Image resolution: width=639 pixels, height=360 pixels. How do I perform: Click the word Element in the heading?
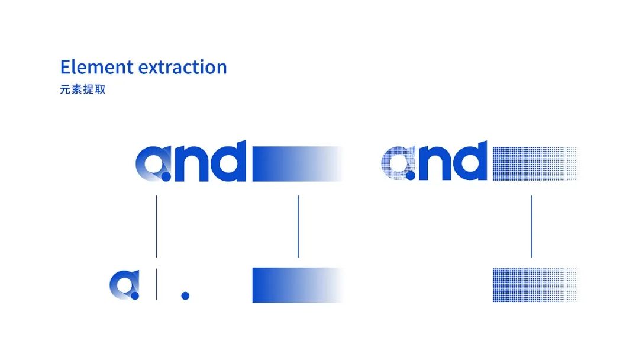(x=96, y=67)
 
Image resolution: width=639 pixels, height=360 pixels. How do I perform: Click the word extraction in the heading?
(x=183, y=67)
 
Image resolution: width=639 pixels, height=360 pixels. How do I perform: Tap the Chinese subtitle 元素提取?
(x=83, y=89)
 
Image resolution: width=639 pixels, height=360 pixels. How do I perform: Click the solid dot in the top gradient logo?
(x=166, y=176)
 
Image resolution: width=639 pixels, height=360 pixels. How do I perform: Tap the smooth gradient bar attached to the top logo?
(x=298, y=163)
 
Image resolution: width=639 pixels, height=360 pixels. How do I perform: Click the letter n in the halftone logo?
(x=434, y=162)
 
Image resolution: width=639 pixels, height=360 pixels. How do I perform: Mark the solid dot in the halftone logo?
(x=411, y=176)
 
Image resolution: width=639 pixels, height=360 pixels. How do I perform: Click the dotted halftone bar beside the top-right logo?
(x=535, y=163)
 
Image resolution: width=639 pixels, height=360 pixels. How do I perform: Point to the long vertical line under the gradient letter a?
(x=156, y=226)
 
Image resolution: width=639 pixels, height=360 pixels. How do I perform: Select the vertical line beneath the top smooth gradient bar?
(x=299, y=226)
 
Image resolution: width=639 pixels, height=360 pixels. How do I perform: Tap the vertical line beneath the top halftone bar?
(x=532, y=226)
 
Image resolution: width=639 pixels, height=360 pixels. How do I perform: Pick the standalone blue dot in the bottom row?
(x=185, y=295)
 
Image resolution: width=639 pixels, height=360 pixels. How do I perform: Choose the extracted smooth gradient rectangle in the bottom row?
(x=298, y=285)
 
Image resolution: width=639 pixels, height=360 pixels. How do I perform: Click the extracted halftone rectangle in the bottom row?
(x=535, y=285)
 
